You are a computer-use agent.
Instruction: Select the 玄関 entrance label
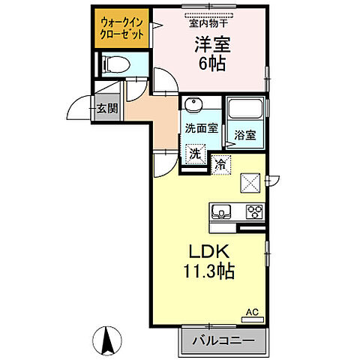coord(106,109)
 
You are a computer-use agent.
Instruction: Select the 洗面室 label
coord(202,128)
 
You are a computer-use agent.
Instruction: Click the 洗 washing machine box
coord(195,154)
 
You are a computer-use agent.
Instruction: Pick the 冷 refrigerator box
coord(221,162)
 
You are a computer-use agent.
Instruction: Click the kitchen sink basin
coord(222,211)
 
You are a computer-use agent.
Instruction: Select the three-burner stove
coord(253,211)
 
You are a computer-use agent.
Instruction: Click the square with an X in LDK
coord(249,181)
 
